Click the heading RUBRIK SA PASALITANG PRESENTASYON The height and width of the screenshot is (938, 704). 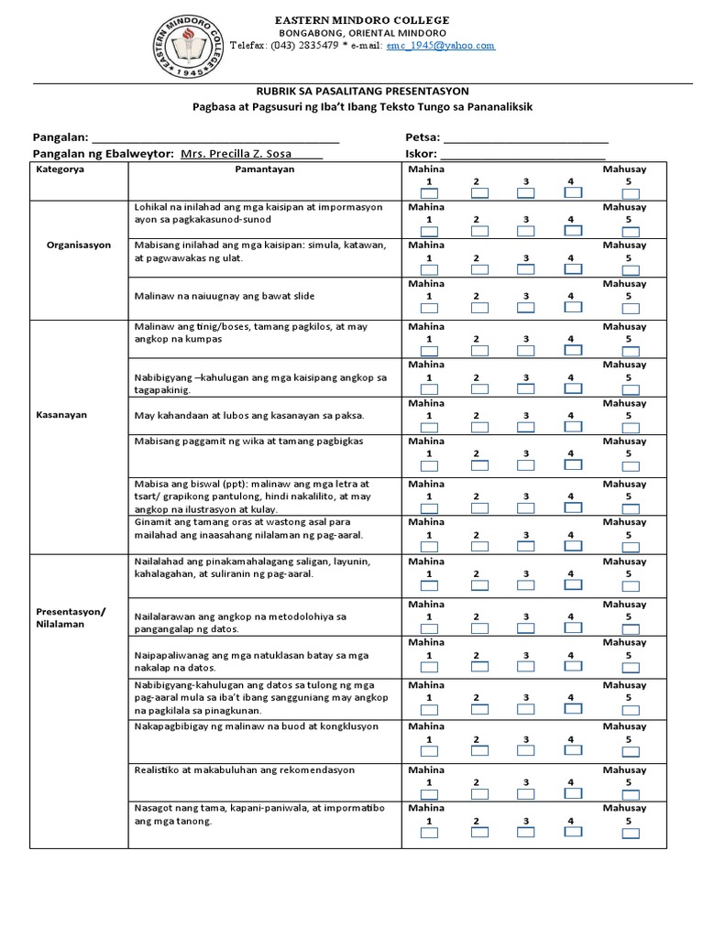(363, 91)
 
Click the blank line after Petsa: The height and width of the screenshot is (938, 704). (526, 138)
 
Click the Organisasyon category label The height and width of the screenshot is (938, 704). (79, 245)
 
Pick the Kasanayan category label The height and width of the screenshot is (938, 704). (62, 415)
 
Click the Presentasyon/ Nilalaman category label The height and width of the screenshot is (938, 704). (71, 617)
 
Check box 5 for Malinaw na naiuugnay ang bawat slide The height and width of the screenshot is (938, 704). (627, 310)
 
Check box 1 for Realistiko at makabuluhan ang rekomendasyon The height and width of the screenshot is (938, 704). (428, 795)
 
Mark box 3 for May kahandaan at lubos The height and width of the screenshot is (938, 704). (525, 428)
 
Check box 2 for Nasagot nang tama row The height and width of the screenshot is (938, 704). (477, 834)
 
